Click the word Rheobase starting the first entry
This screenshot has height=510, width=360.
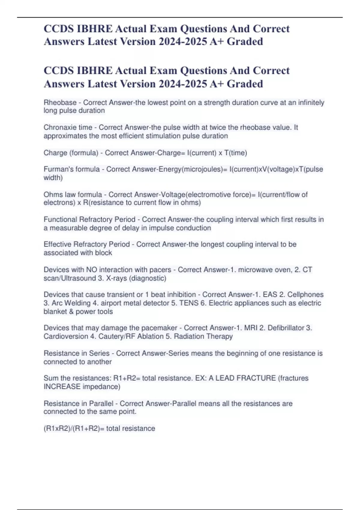pyautogui.click(x=60, y=103)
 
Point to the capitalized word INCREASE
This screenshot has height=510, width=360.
pyautogui.click(x=62, y=386)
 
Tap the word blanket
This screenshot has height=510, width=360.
pyautogui.click(x=55, y=311)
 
